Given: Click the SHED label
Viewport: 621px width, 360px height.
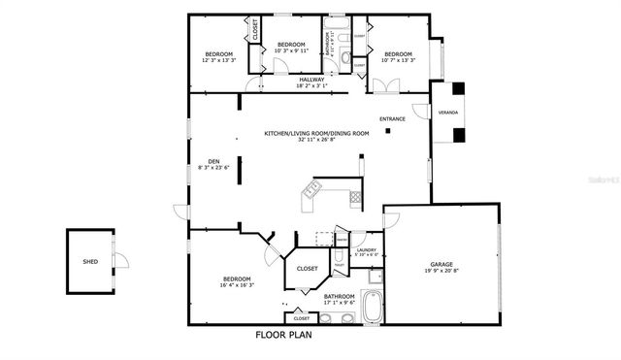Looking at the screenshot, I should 90,260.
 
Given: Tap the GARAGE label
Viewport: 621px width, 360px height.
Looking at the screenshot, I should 442,264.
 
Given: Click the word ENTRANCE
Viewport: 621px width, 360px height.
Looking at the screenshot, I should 392,119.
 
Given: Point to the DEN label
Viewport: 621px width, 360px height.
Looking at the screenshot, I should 213,161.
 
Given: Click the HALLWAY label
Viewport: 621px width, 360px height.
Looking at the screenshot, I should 311,79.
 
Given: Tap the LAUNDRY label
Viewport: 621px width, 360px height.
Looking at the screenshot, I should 366,250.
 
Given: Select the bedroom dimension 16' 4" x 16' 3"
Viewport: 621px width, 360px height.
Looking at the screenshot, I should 238,285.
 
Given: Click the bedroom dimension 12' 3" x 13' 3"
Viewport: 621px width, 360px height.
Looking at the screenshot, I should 218,60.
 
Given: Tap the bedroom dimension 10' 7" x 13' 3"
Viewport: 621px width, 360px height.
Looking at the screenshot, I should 398,60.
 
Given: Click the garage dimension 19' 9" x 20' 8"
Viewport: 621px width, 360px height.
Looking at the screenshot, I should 442,271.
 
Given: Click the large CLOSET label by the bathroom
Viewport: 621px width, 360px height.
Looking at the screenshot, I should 307,269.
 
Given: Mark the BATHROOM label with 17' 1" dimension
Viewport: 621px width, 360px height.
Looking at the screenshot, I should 339,297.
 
